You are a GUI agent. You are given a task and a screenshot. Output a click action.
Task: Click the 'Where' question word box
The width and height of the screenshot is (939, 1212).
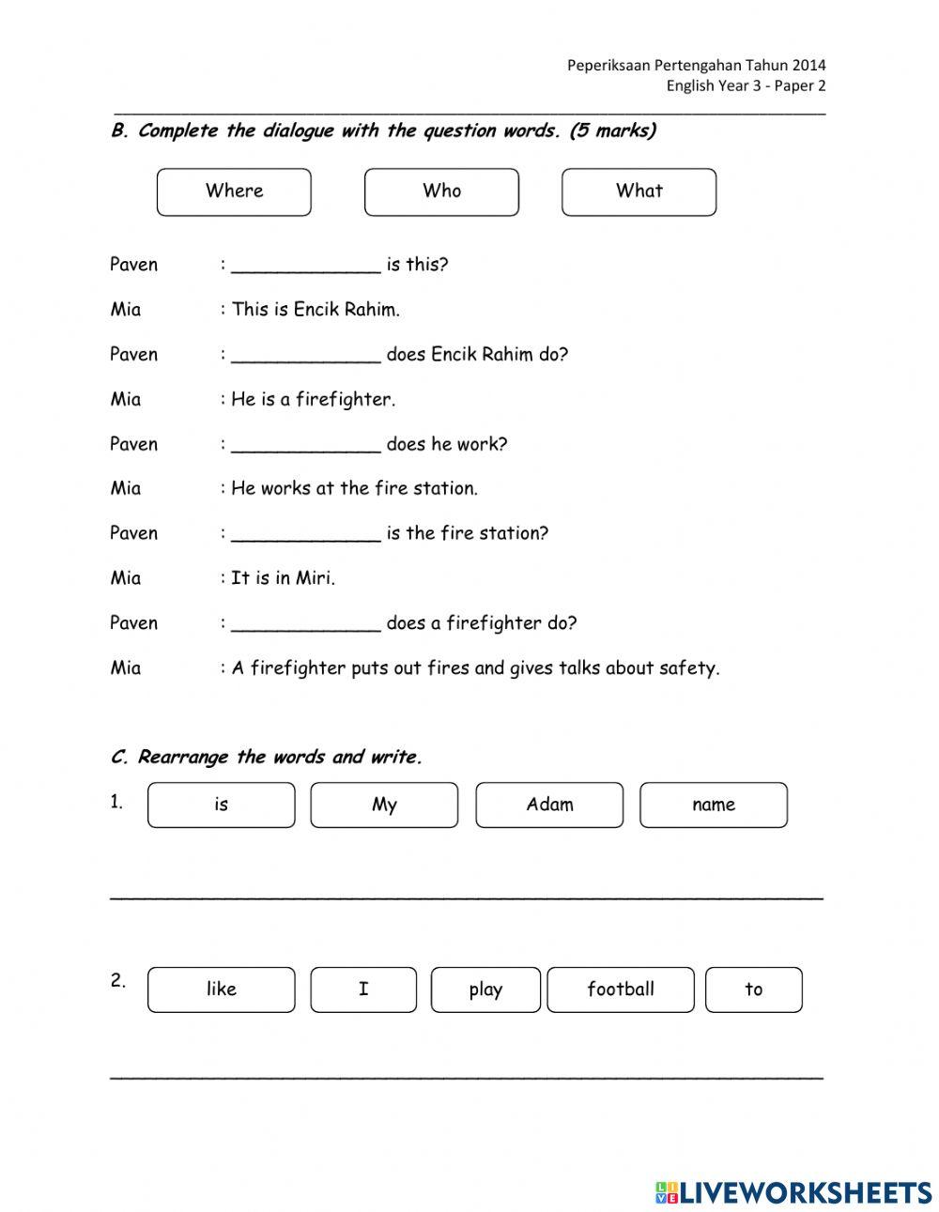point(234,192)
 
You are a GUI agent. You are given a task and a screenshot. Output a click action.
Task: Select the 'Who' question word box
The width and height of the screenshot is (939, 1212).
point(441,192)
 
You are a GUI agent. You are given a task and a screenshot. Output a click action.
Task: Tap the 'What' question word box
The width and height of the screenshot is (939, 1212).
point(639,192)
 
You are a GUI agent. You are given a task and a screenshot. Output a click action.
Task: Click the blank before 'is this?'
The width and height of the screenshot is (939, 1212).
point(306,265)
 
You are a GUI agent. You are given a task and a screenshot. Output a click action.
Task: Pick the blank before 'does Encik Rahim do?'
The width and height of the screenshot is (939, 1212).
point(306,355)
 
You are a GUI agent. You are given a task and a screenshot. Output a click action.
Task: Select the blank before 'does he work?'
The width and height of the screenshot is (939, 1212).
point(306,444)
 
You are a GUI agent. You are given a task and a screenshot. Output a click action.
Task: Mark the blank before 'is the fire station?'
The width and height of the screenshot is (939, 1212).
point(306,533)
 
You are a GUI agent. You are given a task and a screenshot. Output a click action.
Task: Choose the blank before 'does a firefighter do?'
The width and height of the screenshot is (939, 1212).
point(306,623)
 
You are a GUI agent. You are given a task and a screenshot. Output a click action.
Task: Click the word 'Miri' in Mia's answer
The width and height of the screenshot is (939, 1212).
point(315,578)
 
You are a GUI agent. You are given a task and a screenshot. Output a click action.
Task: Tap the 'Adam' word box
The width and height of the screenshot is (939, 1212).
point(549,805)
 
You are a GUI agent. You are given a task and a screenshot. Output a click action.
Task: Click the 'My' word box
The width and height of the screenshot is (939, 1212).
point(384,805)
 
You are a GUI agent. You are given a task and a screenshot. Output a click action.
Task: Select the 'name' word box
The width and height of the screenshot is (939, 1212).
point(714,805)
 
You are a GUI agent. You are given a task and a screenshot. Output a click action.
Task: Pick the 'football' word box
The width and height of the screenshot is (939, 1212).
point(621,990)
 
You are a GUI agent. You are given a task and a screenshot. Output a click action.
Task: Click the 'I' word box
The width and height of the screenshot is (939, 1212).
point(363,990)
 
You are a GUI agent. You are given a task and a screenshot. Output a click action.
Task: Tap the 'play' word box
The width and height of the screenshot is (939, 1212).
point(485,990)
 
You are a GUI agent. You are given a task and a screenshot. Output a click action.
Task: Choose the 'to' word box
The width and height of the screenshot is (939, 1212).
point(754,990)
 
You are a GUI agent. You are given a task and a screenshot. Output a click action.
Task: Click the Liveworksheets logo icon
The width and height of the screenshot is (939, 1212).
point(667,1192)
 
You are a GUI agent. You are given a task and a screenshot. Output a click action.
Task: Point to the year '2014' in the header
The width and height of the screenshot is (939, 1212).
point(808,65)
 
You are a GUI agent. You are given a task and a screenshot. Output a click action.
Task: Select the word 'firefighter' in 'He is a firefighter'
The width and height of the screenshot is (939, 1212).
point(345,400)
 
